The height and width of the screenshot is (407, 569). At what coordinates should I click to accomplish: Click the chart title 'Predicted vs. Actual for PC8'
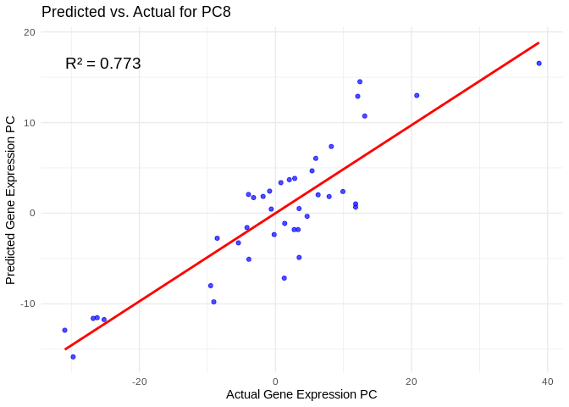(x=135, y=12)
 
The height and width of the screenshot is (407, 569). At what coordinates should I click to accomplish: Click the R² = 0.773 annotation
(x=102, y=64)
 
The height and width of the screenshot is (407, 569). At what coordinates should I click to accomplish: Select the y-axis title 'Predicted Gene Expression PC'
(x=11, y=200)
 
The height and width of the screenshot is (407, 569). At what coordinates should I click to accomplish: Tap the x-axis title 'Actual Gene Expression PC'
(x=301, y=394)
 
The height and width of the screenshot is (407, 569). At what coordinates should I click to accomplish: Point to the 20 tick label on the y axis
(x=30, y=32)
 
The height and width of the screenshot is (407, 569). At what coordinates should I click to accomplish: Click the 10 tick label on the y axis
(x=30, y=123)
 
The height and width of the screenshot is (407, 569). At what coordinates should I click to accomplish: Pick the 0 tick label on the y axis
(x=32, y=213)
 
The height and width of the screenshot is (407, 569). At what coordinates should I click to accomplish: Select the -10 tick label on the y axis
(x=28, y=304)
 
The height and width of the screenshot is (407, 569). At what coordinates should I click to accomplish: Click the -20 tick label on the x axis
(x=140, y=380)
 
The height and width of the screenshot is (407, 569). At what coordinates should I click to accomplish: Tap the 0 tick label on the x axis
(x=275, y=380)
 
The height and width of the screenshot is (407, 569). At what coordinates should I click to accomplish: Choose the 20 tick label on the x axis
(x=412, y=380)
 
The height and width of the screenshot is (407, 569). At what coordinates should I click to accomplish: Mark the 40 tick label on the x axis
(x=547, y=380)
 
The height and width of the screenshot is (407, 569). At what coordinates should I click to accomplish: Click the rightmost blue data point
(x=539, y=64)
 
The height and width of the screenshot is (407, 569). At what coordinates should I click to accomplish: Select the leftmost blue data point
(x=64, y=330)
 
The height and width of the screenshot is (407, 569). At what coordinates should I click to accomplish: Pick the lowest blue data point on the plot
(x=73, y=357)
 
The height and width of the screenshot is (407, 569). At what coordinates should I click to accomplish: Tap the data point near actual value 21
(x=417, y=95)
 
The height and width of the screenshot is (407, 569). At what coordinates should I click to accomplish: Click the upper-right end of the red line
(x=539, y=43)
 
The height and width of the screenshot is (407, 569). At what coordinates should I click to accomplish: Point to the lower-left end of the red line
(x=65, y=348)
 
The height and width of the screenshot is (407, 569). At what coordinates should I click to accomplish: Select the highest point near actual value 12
(x=360, y=81)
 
